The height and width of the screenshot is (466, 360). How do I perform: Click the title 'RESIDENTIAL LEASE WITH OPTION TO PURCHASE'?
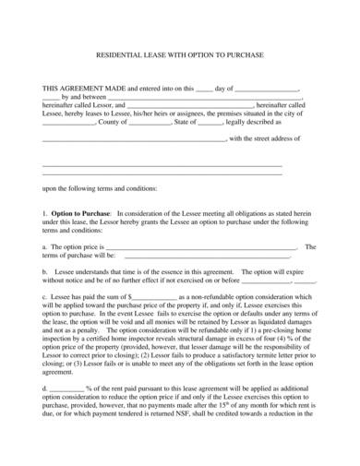pos(180,54)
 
